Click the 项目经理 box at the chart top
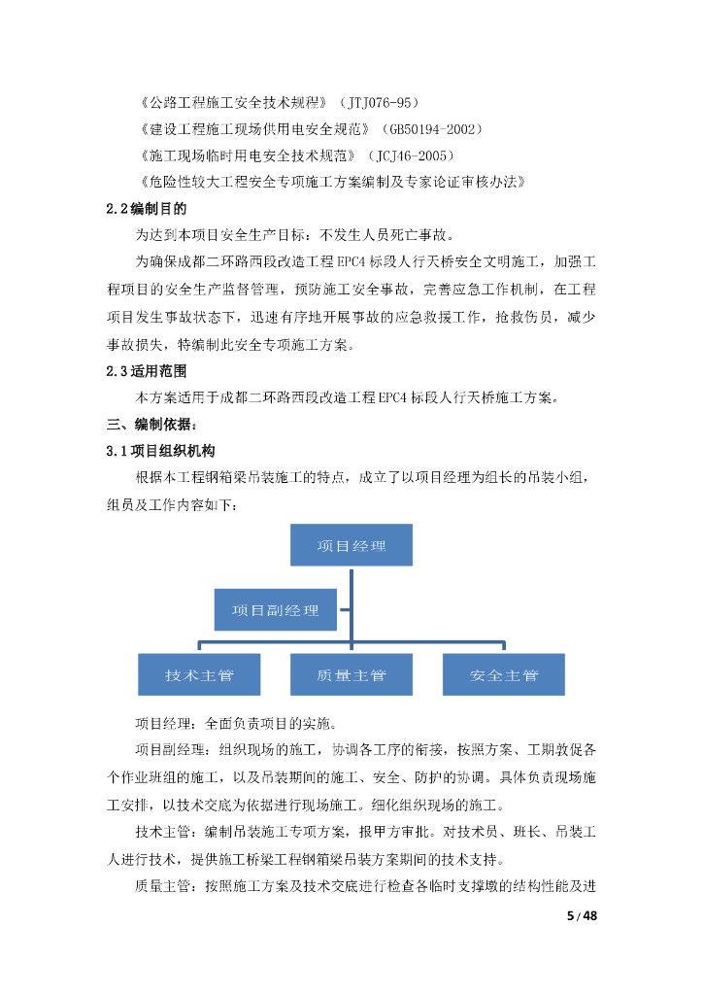tap(351, 545)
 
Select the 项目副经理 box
tap(276, 610)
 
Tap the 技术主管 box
tap(199, 674)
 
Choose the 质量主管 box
tap(351, 674)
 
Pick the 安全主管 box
tap(503, 674)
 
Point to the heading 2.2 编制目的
tap(146, 208)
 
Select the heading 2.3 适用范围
tap(146, 371)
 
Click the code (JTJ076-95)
tap(380, 102)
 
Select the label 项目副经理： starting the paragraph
tap(177, 751)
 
